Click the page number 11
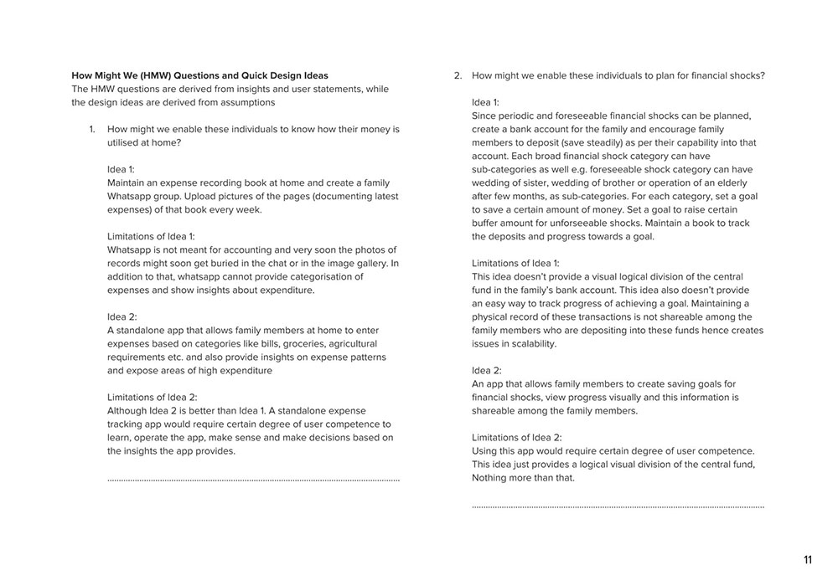coord(808,561)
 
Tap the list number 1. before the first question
coord(93,129)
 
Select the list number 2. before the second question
coord(458,75)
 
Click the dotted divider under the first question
coord(253,481)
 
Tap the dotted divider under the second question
coord(618,507)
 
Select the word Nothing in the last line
coord(494,477)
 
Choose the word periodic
coord(520,116)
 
